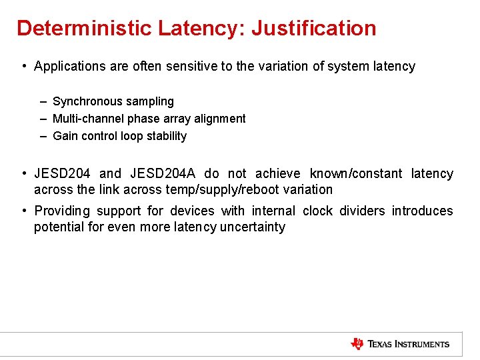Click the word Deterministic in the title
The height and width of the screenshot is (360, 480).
coord(84,28)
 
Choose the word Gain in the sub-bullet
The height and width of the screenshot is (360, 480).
coord(65,136)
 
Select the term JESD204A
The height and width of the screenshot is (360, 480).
coord(163,174)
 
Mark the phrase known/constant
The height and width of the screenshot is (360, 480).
coord(356,174)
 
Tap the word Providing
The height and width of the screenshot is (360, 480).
coord(62,211)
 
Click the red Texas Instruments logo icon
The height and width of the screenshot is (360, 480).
coord(357,344)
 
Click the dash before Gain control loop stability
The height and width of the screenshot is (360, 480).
coord(43,136)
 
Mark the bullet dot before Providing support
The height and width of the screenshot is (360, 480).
coord(23,211)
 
